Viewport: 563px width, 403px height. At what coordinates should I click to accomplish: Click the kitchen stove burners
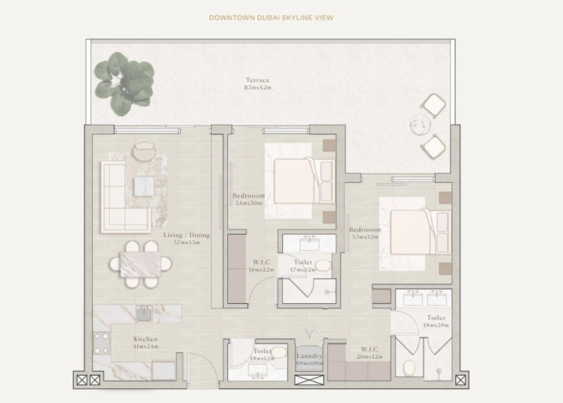(101, 344)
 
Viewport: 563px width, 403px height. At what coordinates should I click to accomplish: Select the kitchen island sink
(145, 312)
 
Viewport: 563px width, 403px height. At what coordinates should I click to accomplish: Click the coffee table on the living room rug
(144, 185)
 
